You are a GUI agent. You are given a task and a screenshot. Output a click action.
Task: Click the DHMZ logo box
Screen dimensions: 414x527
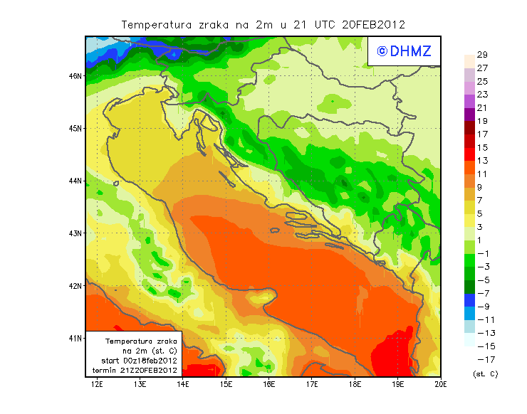(403, 51)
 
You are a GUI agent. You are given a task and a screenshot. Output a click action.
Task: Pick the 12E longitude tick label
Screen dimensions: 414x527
(98, 385)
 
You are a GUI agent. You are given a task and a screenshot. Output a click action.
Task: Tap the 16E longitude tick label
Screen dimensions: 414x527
(269, 385)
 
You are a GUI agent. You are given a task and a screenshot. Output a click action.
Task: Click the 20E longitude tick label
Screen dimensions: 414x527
(441, 385)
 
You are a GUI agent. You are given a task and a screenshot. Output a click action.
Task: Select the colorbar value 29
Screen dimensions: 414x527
(482, 55)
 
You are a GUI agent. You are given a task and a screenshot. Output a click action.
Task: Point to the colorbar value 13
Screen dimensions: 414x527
(482, 161)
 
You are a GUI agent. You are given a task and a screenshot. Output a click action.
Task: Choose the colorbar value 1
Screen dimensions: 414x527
(481, 240)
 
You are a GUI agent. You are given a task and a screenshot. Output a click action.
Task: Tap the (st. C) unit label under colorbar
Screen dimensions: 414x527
(485, 373)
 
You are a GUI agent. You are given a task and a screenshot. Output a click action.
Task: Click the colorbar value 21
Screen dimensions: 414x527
(482, 108)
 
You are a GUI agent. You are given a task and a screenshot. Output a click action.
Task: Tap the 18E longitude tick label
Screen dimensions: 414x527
(355, 385)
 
